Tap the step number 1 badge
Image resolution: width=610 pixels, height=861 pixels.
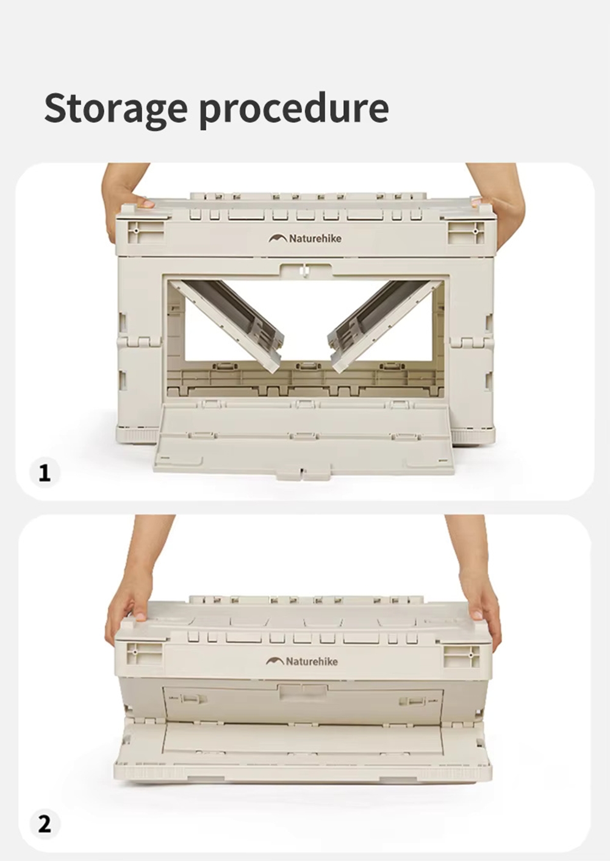point(45,472)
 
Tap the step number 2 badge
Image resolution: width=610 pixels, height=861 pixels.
point(45,824)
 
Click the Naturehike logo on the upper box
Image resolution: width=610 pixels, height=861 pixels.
point(305,239)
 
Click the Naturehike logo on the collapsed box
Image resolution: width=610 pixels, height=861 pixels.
point(302,661)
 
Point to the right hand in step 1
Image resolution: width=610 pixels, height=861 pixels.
point(497,200)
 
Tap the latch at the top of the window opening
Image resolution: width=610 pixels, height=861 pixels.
point(305,271)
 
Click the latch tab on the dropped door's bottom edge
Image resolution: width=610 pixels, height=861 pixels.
point(303,471)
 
